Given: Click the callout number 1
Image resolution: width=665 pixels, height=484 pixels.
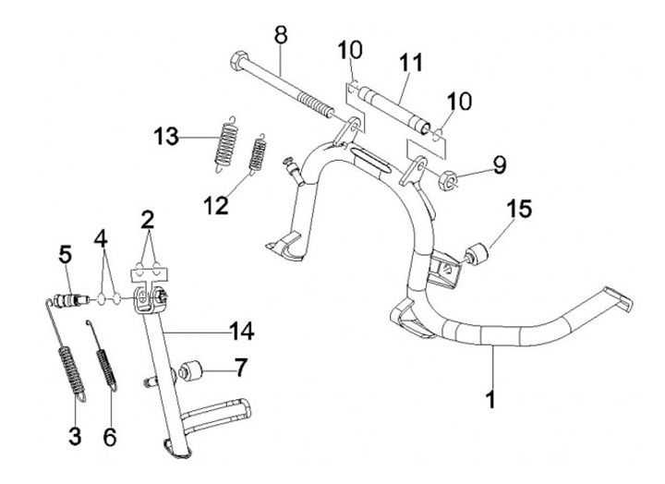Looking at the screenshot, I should [x=491, y=400].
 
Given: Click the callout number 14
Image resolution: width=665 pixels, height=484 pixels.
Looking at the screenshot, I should [x=244, y=328].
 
